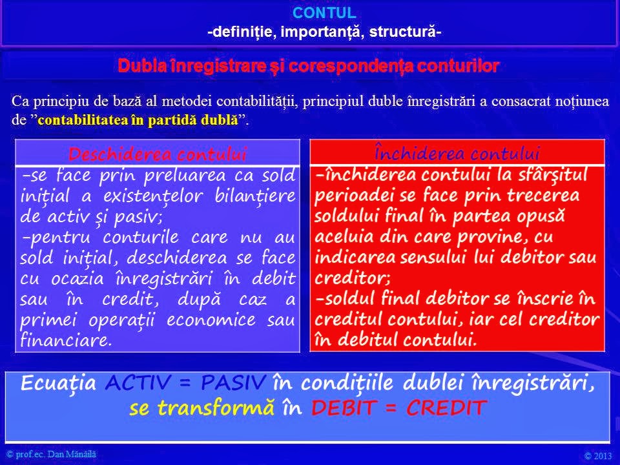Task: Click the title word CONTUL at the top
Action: [333, 12]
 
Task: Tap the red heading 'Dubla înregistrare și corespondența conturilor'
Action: [309, 66]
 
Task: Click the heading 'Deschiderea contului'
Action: [158, 154]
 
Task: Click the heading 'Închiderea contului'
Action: [457, 154]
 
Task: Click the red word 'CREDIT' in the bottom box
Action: [445, 408]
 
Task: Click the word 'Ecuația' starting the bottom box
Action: [59, 384]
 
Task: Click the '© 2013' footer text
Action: [597, 456]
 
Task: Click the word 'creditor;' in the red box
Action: [343, 278]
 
